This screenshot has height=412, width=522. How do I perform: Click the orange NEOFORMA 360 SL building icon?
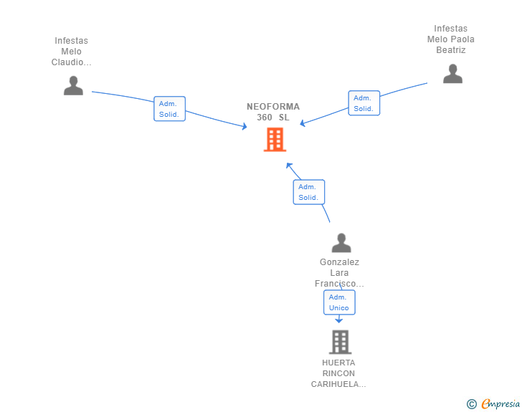tap(275, 140)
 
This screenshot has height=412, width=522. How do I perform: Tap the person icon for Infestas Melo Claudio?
tap(73, 85)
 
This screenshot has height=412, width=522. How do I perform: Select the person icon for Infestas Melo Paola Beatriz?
tap(452, 74)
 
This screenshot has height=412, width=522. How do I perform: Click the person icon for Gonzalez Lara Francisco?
tap(341, 243)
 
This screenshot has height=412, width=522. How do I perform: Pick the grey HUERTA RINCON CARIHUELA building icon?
tap(340, 342)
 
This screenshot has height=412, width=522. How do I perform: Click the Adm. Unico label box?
tap(339, 302)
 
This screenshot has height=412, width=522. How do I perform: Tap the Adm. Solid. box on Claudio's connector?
tap(169, 109)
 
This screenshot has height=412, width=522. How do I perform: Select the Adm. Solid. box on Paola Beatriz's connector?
tap(364, 103)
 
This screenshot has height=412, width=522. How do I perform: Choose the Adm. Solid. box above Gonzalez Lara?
tap(308, 192)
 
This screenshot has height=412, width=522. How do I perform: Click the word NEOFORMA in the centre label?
tap(273, 107)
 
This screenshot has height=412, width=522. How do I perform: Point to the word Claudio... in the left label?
tap(71, 62)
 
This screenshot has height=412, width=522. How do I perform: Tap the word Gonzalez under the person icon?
tap(339, 262)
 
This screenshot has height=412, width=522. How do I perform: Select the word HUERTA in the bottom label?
tap(338, 363)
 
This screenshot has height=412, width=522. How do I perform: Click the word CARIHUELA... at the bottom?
tap(338, 384)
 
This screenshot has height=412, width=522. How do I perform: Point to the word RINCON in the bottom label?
tap(338, 373)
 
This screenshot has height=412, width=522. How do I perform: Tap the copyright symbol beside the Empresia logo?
tap(471, 404)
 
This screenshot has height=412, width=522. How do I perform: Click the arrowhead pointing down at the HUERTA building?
tap(339, 320)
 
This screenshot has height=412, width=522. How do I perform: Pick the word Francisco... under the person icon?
tap(339, 284)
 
